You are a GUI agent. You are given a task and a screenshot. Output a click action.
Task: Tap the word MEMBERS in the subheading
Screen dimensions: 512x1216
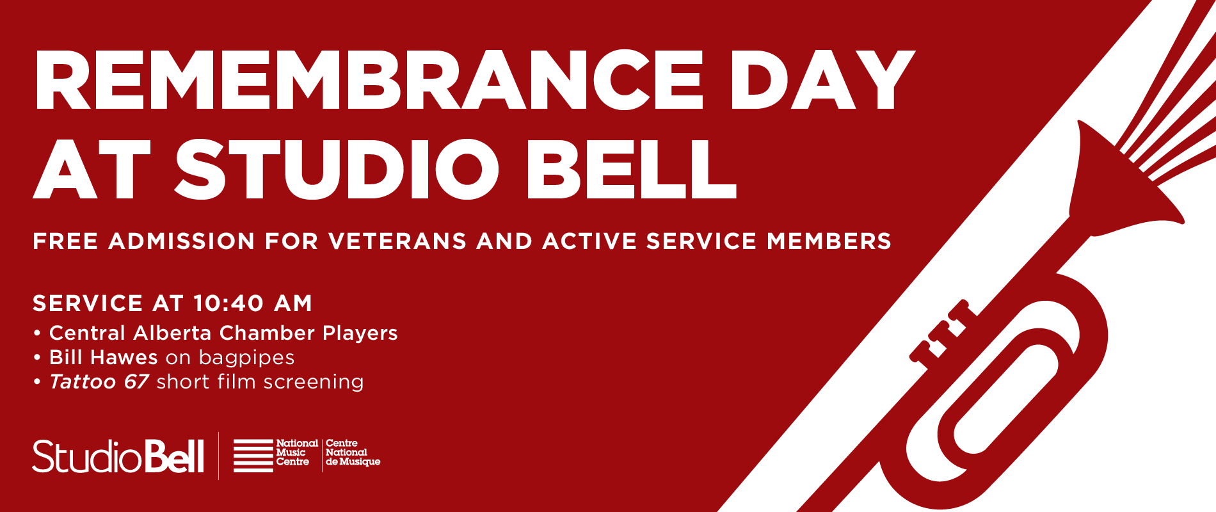[x=829, y=241]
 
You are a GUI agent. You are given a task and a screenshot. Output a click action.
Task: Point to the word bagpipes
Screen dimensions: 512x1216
[x=246, y=358]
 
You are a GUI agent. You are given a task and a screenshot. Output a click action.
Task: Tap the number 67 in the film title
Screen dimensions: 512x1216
[x=136, y=381]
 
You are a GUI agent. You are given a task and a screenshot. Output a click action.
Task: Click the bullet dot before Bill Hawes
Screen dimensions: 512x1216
[x=37, y=357]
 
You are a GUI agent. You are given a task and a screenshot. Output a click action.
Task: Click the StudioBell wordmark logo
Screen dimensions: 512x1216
[x=118, y=456]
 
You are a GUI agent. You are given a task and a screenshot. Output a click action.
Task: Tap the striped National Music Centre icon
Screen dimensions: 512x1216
[x=253, y=456]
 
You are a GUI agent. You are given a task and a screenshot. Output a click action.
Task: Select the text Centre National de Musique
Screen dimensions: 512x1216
[x=352, y=452]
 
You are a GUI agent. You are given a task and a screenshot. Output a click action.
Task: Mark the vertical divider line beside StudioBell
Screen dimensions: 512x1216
[x=219, y=456]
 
